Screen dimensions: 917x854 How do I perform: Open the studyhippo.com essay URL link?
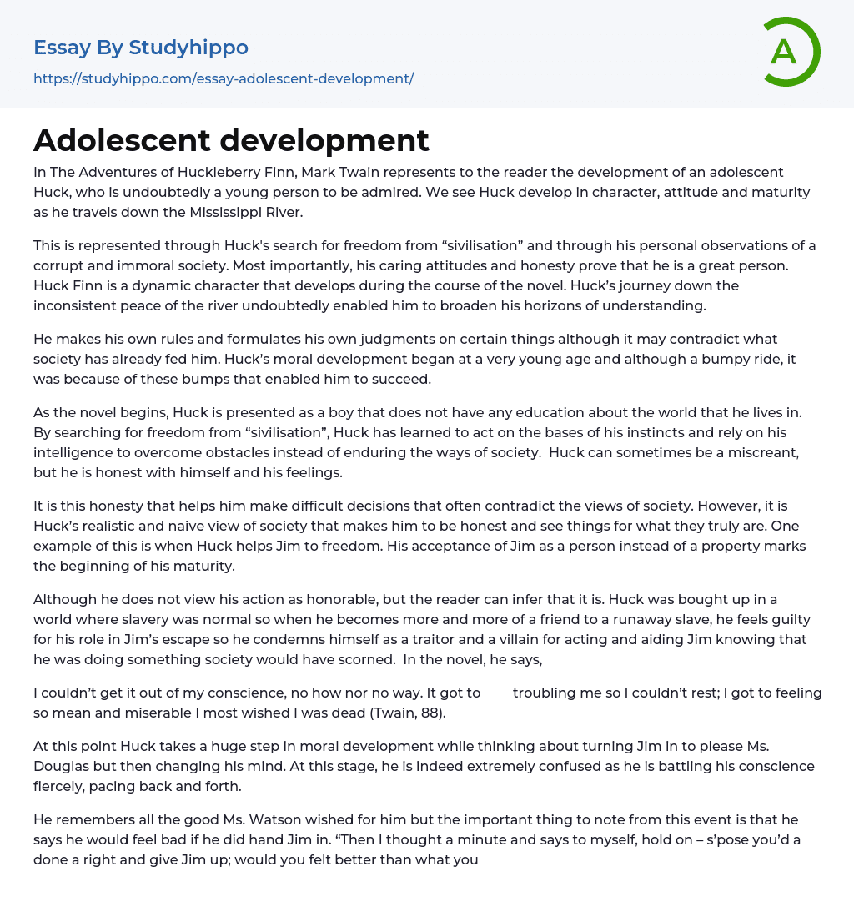(x=224, y=78)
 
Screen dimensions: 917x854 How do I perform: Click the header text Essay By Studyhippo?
(x=141, y=48)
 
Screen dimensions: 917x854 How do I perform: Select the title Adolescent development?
(x=231, y=140)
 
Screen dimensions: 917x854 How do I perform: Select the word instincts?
(x=600, y=432)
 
